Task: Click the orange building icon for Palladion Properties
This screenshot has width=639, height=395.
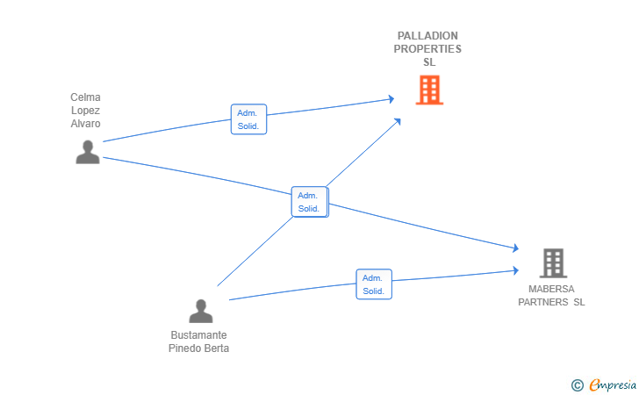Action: [429, 90]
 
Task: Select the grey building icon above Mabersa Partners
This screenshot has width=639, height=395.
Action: [552, 262]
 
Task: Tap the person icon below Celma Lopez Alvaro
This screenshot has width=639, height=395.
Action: [88, 152]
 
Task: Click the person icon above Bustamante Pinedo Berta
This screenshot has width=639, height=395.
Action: [201, 311]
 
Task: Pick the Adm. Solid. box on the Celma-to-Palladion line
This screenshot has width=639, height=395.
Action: [249, 119]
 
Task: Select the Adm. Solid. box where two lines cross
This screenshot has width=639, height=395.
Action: [309, 202]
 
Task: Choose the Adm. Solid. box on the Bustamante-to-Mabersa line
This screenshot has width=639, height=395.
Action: [374, 284]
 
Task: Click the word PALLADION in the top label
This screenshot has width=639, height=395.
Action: [427, 36]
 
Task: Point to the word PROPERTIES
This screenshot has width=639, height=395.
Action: [427, 49]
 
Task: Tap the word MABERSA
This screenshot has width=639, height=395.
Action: [551, 289]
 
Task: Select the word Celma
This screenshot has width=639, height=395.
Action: [86, 97]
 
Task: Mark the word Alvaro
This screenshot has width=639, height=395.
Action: [86, 124]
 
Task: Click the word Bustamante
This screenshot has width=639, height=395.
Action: [198, 335]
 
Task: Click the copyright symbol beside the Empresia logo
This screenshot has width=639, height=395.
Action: [577, 384]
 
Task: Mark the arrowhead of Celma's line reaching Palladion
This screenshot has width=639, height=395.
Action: [391, 99]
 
